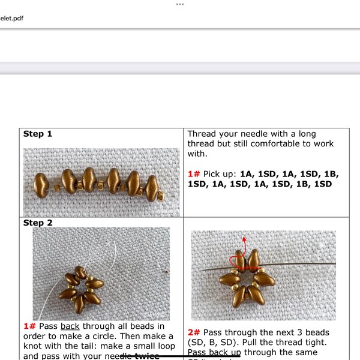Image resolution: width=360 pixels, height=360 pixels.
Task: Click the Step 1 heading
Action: point(38,134)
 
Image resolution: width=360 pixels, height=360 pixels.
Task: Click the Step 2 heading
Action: point(38,223)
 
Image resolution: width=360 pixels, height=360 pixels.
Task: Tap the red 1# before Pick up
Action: point(194,174)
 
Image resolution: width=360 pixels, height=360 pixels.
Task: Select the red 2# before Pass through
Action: point(194,332)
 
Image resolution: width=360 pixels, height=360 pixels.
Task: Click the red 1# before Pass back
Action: point(30,326)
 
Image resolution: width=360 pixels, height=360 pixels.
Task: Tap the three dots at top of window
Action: point(179,4)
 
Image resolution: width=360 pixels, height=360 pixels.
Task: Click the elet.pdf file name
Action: point(11,18)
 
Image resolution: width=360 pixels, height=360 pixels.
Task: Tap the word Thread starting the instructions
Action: point(203,134)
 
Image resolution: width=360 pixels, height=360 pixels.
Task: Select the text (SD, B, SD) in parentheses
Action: point(216,343)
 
